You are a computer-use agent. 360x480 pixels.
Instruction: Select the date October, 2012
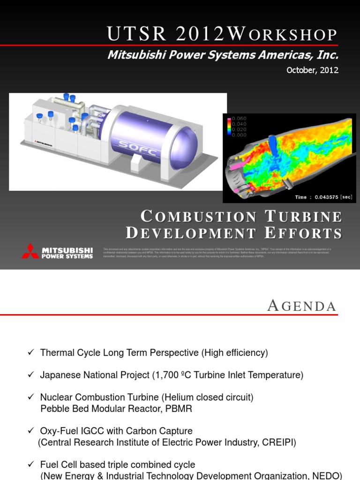tap(313, 70)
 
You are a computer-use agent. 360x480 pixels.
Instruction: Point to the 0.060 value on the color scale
tap(240, 119)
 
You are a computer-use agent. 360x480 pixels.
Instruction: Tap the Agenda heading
tap(301, 306)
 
